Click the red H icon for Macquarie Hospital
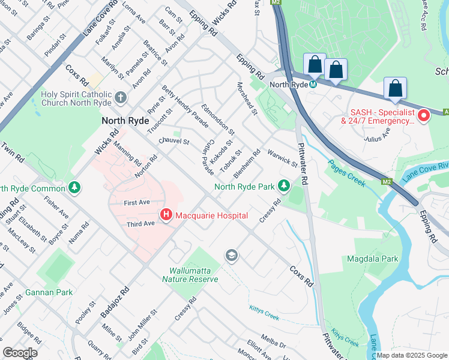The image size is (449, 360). [166, 215]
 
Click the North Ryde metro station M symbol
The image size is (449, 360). [313, 85]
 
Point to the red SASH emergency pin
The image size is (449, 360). [424, 115]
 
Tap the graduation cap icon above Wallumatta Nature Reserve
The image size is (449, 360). [231, 257]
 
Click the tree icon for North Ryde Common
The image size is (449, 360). [74, 187]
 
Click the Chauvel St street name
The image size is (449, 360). [174, 142]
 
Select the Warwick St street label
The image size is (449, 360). [283, 158]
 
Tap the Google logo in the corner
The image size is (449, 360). [20, 353]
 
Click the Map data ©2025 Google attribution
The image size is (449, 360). [412, 355]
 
